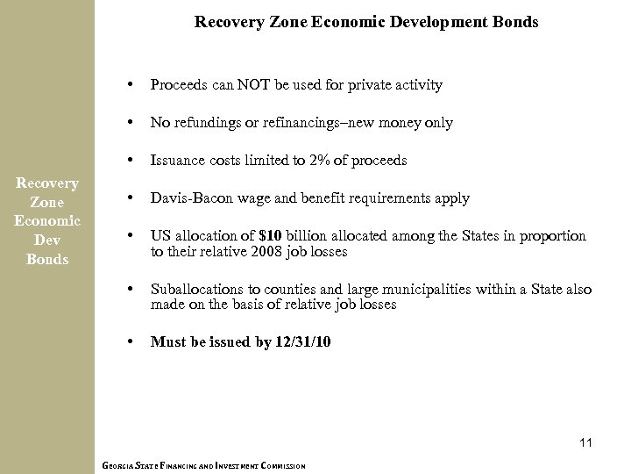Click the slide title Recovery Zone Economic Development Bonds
(x=365, y=19)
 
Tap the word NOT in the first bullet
(x=242, y=85)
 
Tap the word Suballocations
(x=195, y=290)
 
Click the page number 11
(x=585, y=443)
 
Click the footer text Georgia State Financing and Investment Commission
(x=203, y=466)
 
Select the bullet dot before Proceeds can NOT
(x=130, y=85)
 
